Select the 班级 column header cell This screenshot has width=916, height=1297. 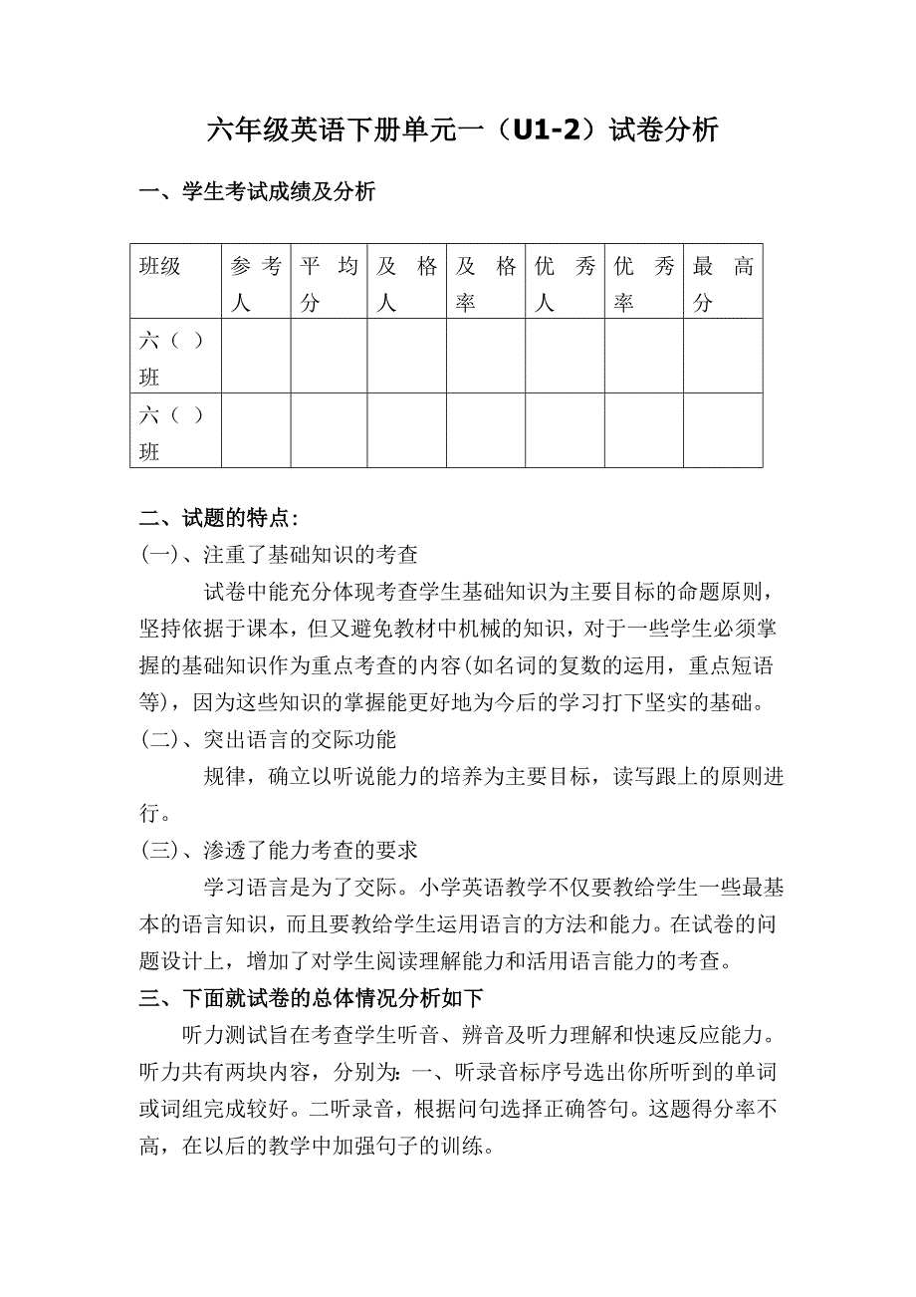click(175, 282)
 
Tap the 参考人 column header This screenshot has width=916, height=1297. click(256, 282)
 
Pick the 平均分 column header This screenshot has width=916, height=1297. click(329, 282)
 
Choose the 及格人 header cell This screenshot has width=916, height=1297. click(406, 282)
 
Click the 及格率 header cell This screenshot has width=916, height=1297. click(486, 282)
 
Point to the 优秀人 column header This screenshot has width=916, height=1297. click(565, 282)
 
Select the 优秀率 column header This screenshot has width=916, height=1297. click(643, 282)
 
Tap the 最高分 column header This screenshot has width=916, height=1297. click(723, 282)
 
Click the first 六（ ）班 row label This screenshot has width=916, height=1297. click(174, 357)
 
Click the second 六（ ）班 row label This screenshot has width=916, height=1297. click(174, 430)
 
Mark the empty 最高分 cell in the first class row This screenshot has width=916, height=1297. click(723, 357)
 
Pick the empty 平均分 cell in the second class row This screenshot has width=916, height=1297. click(329, 430)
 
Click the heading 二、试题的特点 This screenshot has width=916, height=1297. click(218, 518)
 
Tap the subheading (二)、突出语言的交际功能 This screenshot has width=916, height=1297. click(268, 739)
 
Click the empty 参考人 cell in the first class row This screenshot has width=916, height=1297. click(256, 357)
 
